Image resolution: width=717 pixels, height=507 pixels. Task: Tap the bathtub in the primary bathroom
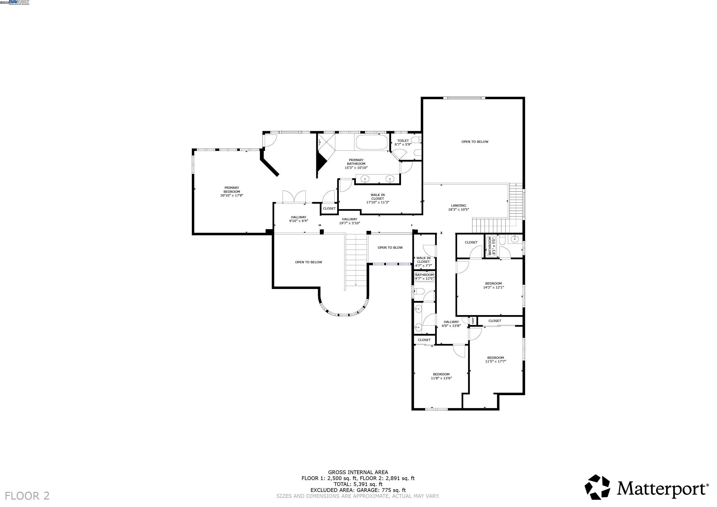click(x=371, y=142)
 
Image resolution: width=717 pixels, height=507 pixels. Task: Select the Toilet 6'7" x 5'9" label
click(x=403, y=142)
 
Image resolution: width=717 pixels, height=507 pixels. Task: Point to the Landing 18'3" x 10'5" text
click(x=458, y=208)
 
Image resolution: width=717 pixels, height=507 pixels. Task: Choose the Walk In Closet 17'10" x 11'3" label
click(x=377, y=198)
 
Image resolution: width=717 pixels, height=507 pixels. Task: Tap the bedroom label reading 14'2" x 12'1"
click(x=494, y=285)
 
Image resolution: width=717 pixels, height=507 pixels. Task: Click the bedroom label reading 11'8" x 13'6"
click(x=441, y=376)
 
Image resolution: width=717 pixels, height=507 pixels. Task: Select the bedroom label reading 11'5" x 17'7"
click(x=495, y=360)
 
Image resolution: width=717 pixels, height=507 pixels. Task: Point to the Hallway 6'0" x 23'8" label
click(x=451, y=324)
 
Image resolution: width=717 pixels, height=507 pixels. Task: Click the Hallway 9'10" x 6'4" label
click(x=298, y=219)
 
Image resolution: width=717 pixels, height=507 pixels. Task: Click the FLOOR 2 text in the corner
click(x=27, y=496)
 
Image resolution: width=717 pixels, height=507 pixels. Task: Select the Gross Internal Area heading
click(x=358, y=472)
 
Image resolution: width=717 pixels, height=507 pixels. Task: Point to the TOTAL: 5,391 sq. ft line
click(x=358, y=484)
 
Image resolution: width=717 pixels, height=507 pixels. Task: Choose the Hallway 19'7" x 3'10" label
click(x=349, y=221)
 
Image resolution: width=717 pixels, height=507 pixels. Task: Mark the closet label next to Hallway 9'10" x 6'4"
click(x=329, y=209)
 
